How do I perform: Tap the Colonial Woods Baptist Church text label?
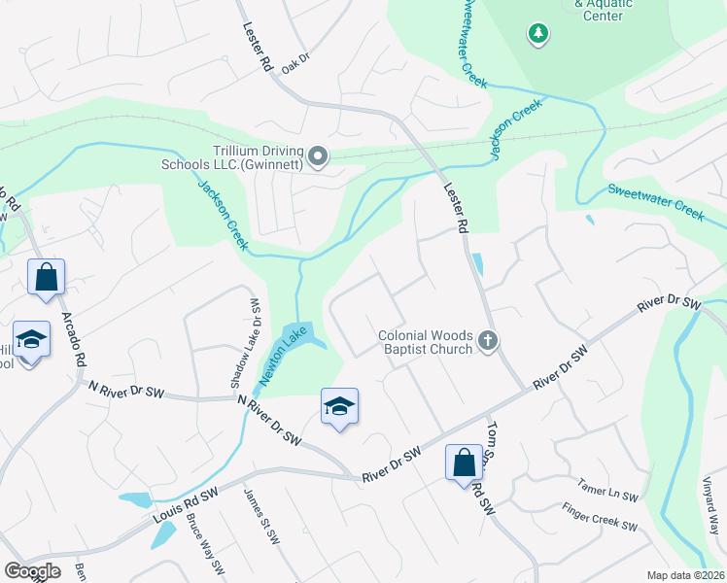425,342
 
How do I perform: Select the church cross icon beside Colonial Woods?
488,341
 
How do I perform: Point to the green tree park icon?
537,35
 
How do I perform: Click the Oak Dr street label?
294,62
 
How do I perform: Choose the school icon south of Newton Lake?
339,405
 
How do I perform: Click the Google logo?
31,571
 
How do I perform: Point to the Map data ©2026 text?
685,575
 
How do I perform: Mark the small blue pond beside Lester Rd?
477,264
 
